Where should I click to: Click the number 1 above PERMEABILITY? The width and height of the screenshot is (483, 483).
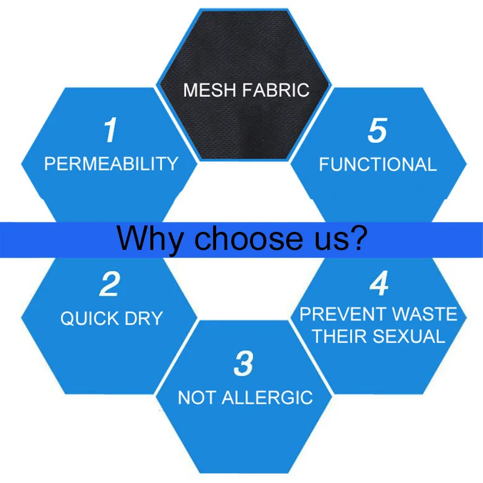(x=109, y=131)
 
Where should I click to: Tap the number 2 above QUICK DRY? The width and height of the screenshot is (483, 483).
(x=109, y=284)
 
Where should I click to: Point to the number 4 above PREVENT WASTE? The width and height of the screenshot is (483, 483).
(x=379, y=284)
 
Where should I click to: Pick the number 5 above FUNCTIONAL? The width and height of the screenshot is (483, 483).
(x=377, y=131)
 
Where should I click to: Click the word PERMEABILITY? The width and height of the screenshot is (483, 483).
(x=111, y=164)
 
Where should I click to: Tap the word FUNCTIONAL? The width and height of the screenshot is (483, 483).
(x=377, y=164)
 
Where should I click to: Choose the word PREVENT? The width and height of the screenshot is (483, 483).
(x=343, y=315)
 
